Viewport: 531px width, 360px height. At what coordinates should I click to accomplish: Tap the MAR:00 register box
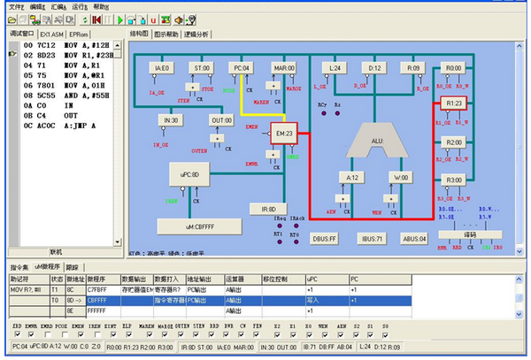click(283, 68)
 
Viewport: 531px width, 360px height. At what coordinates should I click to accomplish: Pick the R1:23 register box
click(454, 104)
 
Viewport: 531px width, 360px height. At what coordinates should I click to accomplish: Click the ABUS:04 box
click(414, 239)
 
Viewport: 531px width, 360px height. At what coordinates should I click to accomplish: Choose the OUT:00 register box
click(220, 119)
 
